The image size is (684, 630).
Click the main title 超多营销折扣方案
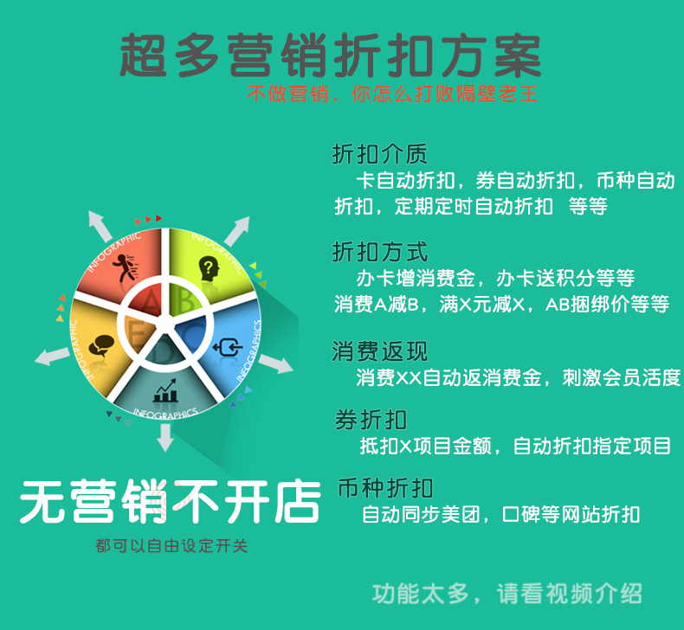[x=330, y=55]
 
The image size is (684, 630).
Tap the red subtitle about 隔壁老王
[x=392, y=93]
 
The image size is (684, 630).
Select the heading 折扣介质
[x=379, y=154]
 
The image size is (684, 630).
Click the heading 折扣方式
[x=379, y=252]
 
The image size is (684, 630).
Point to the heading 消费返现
[x=379, y=351]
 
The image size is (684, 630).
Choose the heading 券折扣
[x=371, y=420]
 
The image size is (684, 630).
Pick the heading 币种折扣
[x=385, y=488]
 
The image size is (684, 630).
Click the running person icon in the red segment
[x=126, y=267]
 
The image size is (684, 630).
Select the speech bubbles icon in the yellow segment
[x=101, y=346]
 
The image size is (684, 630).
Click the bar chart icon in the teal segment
[x=165, y=390]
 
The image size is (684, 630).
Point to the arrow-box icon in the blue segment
[x=227, y=348]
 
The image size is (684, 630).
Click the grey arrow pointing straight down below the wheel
[x=165, y=438]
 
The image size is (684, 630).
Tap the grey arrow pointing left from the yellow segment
[x=52, y=357]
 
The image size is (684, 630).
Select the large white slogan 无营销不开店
[x=170, y=501]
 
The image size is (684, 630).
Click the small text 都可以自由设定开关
[x=171, y=545]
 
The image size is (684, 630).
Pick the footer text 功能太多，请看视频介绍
[x=507, y=594]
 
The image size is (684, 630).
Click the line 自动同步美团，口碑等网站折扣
[x=500, y=514]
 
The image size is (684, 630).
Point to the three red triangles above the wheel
[x=148, y=219]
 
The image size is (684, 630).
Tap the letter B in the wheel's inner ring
[x=187, y=300]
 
